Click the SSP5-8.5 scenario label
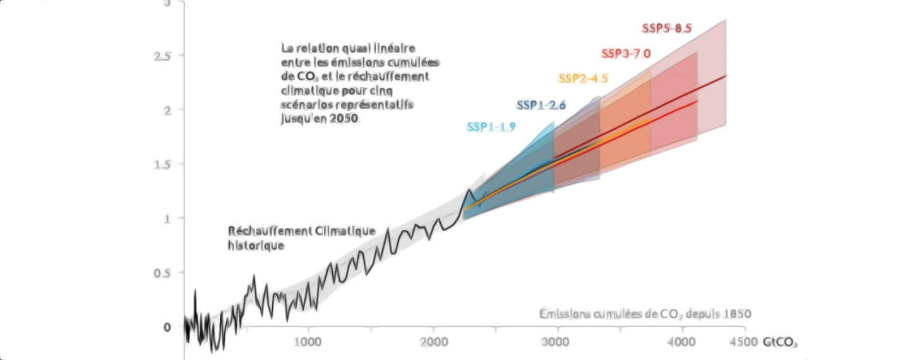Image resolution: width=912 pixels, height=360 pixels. click(666, 28)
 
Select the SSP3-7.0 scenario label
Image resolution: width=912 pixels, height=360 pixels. click(625, 54)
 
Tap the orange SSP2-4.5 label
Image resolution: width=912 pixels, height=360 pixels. click(582, 79)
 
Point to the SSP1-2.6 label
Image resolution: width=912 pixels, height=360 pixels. click(541, 105)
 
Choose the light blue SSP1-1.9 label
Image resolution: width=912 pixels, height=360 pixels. click(491, 127)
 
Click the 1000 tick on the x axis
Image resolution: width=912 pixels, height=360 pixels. click(308, 342)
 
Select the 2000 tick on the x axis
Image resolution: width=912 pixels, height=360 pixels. click(433, 342)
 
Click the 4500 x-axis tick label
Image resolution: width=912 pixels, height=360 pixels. click(743, 342)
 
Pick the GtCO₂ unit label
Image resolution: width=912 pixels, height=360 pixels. click(779, 343)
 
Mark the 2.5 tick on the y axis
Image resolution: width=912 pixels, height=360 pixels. click(162, 56)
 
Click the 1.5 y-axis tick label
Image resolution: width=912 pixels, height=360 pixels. click(162, 164)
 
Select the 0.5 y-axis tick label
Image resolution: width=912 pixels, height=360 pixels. click(162, 273)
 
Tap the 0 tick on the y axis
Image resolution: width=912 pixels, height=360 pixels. click(167, 327)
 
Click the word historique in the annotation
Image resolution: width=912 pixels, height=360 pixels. click(256, 246)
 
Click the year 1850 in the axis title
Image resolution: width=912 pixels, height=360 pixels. click(737, 314)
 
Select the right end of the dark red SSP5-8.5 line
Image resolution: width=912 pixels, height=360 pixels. click(726, 75)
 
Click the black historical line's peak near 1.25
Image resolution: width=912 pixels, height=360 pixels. click(469, 189)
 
